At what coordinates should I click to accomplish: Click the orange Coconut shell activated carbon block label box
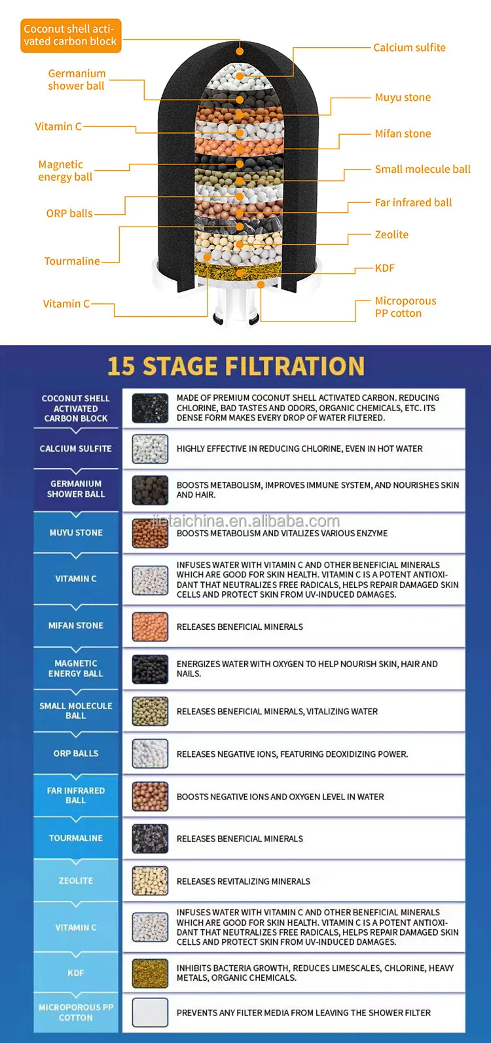click(x=71, y=35)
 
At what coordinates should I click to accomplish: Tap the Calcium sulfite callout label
click(x=410, y=48)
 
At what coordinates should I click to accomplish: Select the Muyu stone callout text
click(x=403, y=98)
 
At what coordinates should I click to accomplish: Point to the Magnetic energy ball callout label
click(x=65, y=170)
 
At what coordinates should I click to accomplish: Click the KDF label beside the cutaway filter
click(x=385, y=268)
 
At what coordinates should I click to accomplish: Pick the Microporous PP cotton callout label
click(x=406, y=307)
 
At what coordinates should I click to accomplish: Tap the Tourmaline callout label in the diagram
click(x=72, y=261)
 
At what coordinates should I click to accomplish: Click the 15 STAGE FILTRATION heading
click(x=236, y=366)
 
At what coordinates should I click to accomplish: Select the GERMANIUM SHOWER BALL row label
click(x=76, y=489)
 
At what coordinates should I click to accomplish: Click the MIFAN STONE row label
click(x=76, y=625)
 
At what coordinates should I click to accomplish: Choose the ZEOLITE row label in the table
click(x=76, y=881)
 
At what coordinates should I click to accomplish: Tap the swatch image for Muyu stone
click(x=150, y=533)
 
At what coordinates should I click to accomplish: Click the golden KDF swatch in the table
click(x=150, y=973)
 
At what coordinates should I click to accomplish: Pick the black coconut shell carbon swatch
click(x=150, y=408)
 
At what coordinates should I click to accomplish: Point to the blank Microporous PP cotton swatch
click(x=150, y=1012)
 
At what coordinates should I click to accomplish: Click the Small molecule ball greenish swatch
click(x=150, y=711)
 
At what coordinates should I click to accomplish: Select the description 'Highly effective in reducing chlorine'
click(x=300, y=448)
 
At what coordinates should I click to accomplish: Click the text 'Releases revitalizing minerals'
click(x=244, y=881)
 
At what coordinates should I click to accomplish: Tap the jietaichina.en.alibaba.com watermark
click(x=247, y=521)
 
